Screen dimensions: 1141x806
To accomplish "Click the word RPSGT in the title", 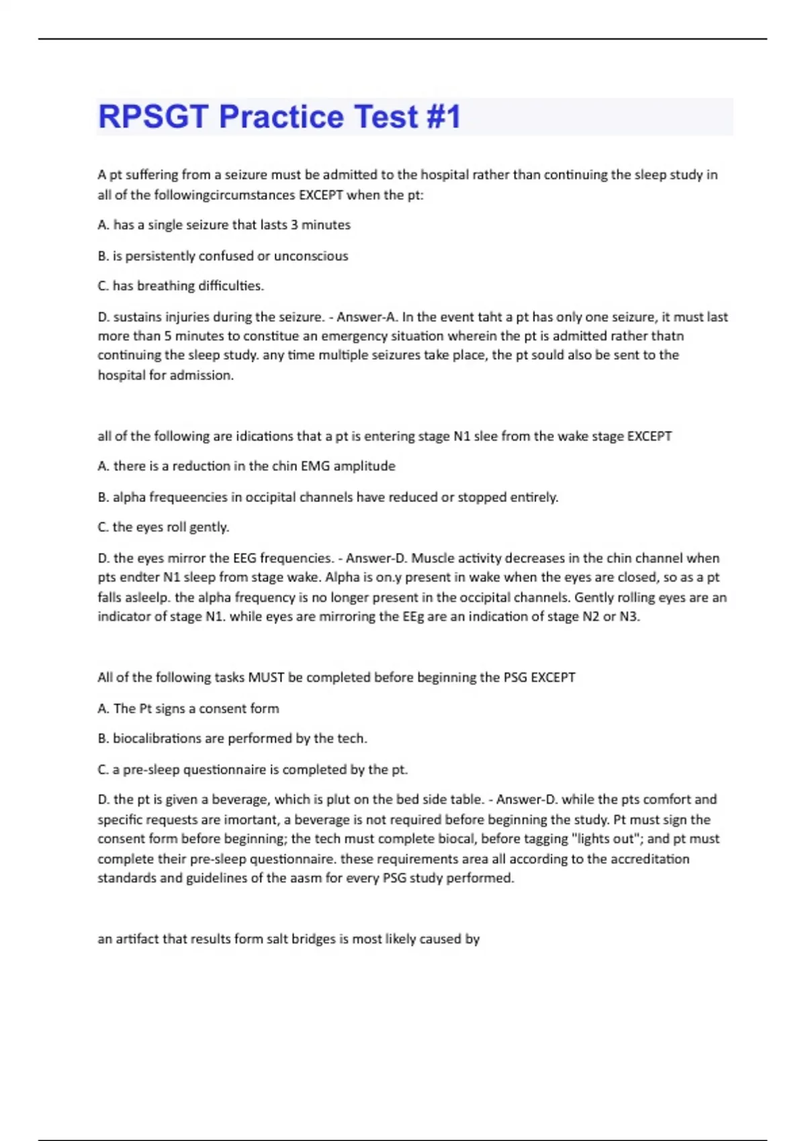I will click(154, 117).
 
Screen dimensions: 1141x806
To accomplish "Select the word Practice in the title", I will click(281, 117).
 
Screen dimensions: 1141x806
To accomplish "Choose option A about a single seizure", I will click(224, 225).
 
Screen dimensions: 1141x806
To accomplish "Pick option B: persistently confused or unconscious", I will click(223, 256).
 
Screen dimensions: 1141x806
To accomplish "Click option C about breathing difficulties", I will click(181, 286).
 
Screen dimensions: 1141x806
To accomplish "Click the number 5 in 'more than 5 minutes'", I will click(168, 336).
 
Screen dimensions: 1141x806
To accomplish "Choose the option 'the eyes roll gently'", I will click(163, 527).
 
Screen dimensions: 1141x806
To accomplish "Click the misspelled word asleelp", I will click(146, 597).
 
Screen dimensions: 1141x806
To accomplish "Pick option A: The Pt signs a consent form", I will click(188, 708).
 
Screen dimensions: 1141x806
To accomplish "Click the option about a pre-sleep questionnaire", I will click(253, 769).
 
